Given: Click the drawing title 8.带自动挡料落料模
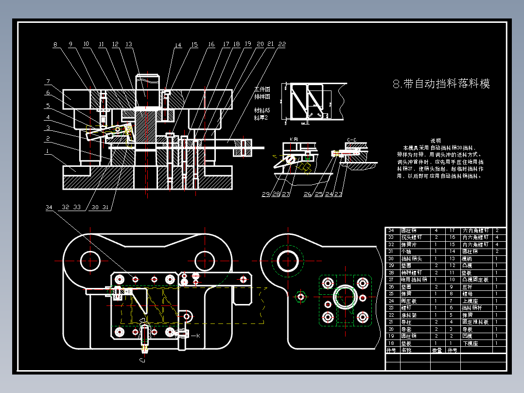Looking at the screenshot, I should [x=441, y=84].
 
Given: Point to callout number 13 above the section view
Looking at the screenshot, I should [x=128, y=44].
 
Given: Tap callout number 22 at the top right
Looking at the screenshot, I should [x=282, y=44].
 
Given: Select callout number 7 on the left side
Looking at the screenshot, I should [x=49, y=81].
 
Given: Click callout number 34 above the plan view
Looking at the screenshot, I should [x=49, y=207].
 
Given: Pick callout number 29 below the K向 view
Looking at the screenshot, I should [x=265, y=194].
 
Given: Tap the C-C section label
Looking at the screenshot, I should [x=351, y=140].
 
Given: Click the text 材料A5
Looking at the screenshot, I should [x=262, y=110].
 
